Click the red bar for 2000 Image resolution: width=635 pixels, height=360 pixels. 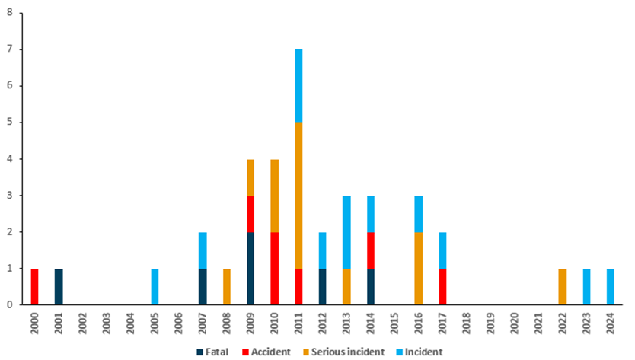click(x=34, y=286)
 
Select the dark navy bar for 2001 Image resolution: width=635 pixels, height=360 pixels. click(x=59, y=286)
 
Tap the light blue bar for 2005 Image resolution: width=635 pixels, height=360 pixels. click(x=155, y=286)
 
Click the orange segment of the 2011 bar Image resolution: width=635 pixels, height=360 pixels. click(x=299, y=195)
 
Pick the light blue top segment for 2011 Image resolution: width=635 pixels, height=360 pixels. click(x=299, y=85)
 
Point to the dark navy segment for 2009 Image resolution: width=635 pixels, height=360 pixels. click(x=251, y=268)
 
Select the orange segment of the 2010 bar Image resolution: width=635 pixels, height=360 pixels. click(x=275, y=195)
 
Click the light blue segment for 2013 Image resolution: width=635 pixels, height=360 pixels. click(x=347, y=231)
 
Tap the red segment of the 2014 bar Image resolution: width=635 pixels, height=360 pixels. click(x=371, y=250)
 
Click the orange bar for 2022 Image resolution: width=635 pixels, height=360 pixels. click(x=563, y=286)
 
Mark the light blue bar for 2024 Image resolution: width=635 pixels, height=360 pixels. click(x=611, y=286)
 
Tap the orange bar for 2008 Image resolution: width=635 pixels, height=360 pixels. click(x=227, y=286)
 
